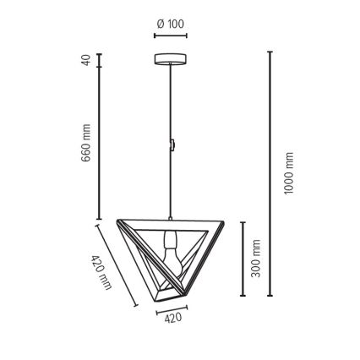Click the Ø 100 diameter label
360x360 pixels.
coord(171,24)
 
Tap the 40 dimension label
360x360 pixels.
coord(86,60)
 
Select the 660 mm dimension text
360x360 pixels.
coord(86,143)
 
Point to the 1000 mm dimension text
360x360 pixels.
coord(289,173)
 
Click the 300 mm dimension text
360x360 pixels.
coord(255,259)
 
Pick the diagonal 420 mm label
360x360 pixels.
coord(101,272)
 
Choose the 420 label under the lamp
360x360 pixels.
coord(173,318)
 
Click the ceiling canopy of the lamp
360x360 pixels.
coord(171,59)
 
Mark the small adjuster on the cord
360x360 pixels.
coord(172,145)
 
